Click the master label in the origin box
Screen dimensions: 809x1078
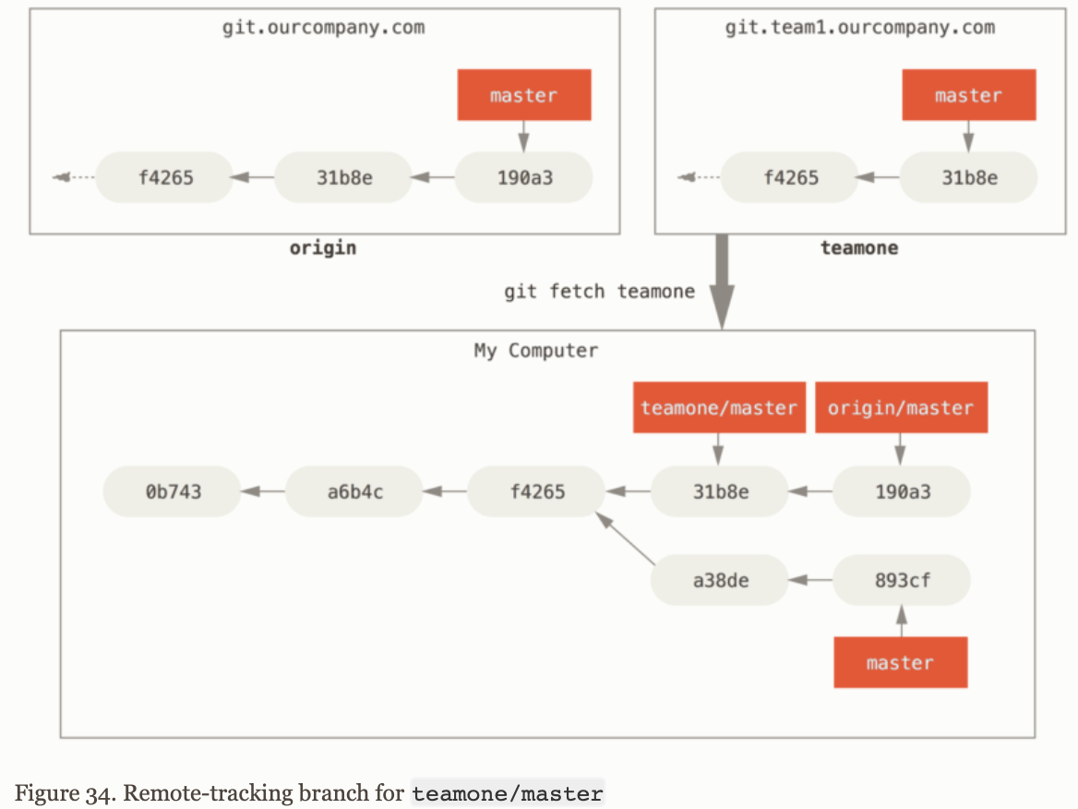[x=523, y=96]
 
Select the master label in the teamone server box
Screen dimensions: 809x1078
[x=968, y=96]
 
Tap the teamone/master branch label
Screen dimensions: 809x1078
[x=718, y=408]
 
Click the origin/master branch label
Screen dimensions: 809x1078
[x=901, y=408]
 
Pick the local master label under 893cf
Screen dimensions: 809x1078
[x=900, y=662]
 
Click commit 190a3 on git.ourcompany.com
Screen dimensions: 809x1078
[x=523, y=176]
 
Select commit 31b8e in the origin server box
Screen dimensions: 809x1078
[x=343, y=176]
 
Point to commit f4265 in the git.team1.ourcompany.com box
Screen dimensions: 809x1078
[x=790, y=176]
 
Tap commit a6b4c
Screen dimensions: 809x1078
[x=354, y=491]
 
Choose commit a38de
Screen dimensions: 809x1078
[x=720, y=581]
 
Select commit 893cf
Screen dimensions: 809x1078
[x=902, y=581]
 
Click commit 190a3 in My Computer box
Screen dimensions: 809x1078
[x=902, y=491]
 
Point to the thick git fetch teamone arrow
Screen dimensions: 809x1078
[x=723, y=282]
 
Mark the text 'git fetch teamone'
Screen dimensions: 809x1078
[x=599, y=292]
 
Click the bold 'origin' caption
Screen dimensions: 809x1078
[x=323, y=248]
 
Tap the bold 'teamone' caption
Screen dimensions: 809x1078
[x=858, y=248]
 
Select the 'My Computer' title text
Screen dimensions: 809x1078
[x=535, y=351]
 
